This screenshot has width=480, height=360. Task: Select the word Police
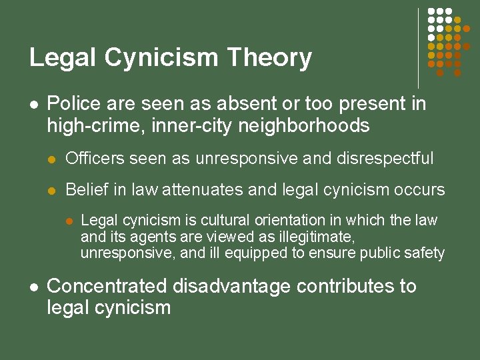point(71,104)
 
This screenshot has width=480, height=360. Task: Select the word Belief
point(85,190)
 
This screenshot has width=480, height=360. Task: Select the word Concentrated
point(108,287)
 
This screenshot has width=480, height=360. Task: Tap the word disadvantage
point(231,287)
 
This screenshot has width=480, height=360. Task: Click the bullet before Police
point(33,105)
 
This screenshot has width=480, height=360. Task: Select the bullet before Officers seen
point(53,159)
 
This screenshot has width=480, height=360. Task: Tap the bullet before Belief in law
point(53,191)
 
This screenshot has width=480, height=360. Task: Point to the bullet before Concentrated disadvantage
point(33,287)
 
